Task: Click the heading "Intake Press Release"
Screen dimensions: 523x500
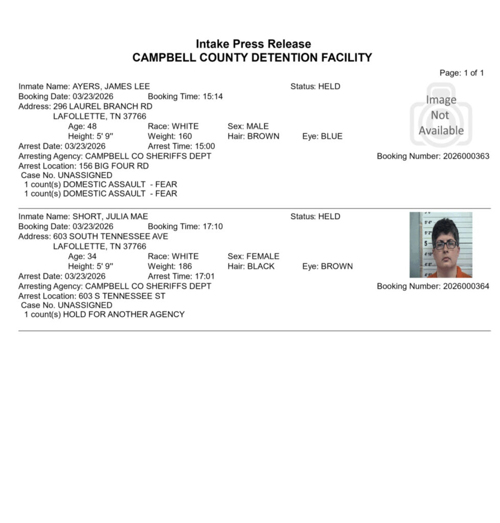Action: (x=253, y=44)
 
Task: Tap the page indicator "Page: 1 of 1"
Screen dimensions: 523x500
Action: (x=462, y=73)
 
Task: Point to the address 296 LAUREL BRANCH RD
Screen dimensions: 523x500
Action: (x=103, y=106)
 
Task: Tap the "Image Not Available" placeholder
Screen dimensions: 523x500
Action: (x=441, y=115)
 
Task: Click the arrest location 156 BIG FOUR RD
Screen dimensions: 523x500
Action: (x=113, y=166)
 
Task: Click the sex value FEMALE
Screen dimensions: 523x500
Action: (x=263, y=256)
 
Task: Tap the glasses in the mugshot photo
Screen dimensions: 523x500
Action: (x=445, y=245)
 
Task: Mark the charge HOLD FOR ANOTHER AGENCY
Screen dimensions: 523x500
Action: (x=124, y=314)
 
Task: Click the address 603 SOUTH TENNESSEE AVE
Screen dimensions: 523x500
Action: (x=110, y=236)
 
